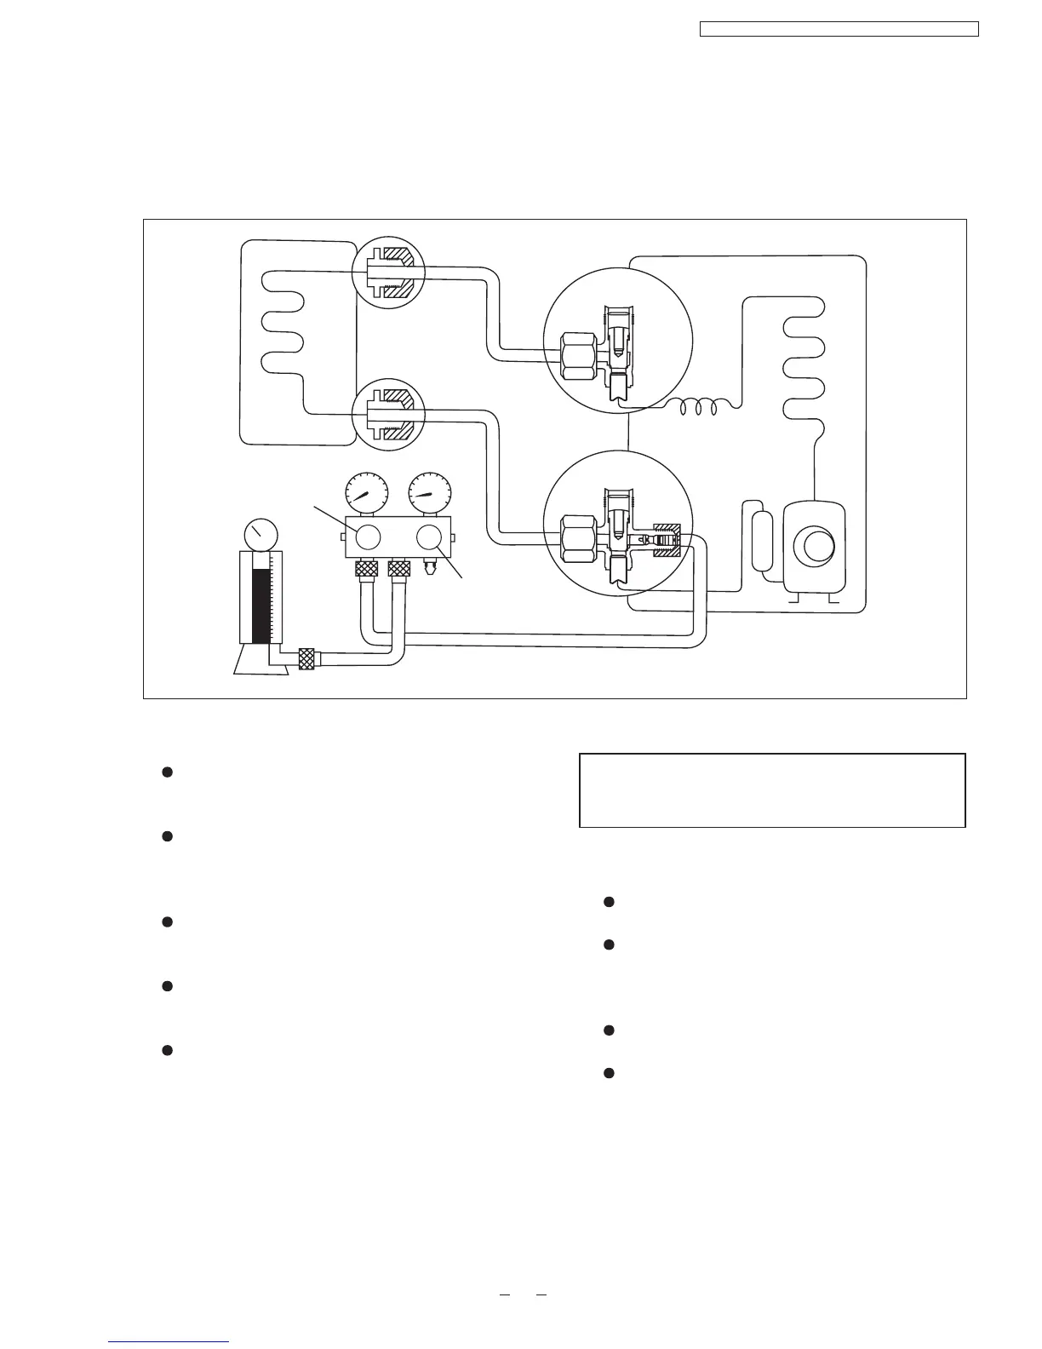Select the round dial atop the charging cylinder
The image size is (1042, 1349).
pos(260,534)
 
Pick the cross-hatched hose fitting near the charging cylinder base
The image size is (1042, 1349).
pos(307,658)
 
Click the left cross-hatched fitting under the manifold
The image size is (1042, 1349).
pos(365,570)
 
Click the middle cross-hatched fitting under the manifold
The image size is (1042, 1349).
pos(398,570)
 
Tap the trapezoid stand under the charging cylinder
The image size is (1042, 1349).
pos(260,659)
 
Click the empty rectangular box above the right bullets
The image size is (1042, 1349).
pos(771,789)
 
